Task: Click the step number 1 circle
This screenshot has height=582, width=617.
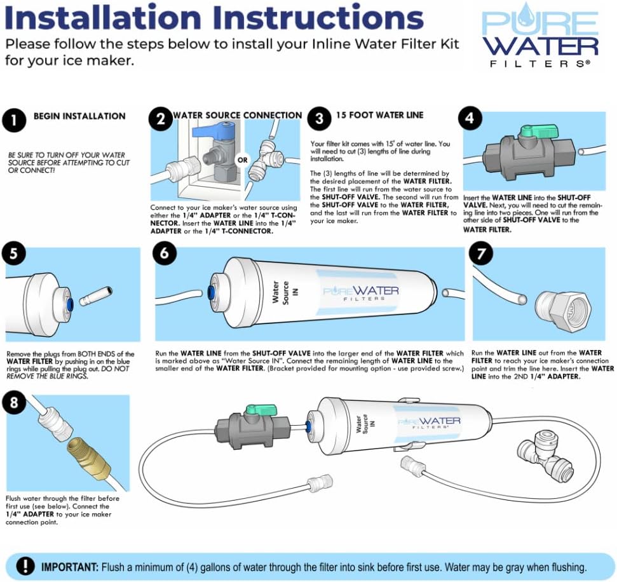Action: [14, 120]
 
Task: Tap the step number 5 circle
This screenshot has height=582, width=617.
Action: [14, 255]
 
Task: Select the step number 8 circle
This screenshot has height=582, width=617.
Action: [14, 402]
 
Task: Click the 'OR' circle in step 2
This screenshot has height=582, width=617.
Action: [242, 160]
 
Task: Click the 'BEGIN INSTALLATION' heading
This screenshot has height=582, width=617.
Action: [79, 116]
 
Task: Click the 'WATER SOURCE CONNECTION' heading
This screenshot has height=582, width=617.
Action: [237, 116]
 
